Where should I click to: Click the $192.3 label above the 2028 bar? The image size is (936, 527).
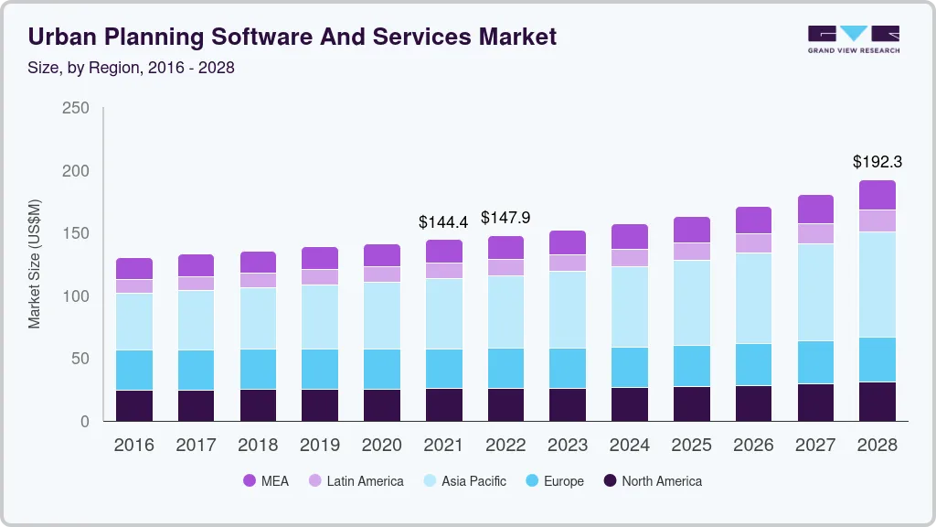pos(877,162)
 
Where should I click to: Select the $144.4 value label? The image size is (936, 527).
pos(443,221)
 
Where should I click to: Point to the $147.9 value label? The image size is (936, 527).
pos(505,218)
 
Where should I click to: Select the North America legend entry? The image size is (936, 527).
pos(651,481)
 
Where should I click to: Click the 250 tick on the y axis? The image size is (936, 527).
pos(76,108)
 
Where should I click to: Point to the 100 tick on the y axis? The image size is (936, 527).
pos(76,296)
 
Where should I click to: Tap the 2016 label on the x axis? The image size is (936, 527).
pos(133,446)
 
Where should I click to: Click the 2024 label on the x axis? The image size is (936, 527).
pos(630,446)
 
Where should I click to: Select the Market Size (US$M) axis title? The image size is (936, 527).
pos(35,263)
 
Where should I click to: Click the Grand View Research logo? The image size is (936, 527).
pos(853,39)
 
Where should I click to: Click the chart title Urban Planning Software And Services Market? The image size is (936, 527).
pos(292,38)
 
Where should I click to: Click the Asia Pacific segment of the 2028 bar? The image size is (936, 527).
pos(877,285)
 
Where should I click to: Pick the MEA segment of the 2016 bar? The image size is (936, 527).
pos(134,269)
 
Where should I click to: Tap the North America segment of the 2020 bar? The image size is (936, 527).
pos(382,405)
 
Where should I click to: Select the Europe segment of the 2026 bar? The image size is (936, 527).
pos(753,365)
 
